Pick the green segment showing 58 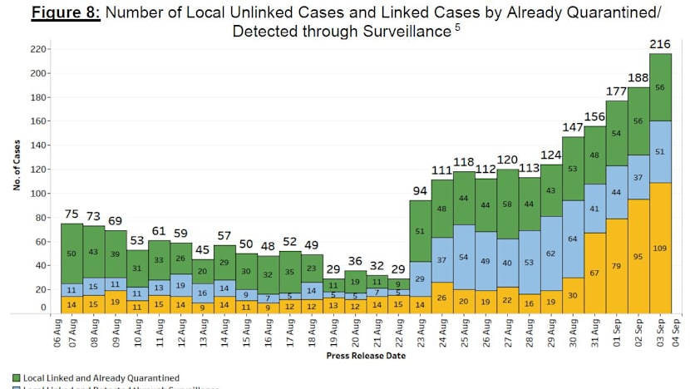tap(484, 204)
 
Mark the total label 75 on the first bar tap(72, 213)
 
